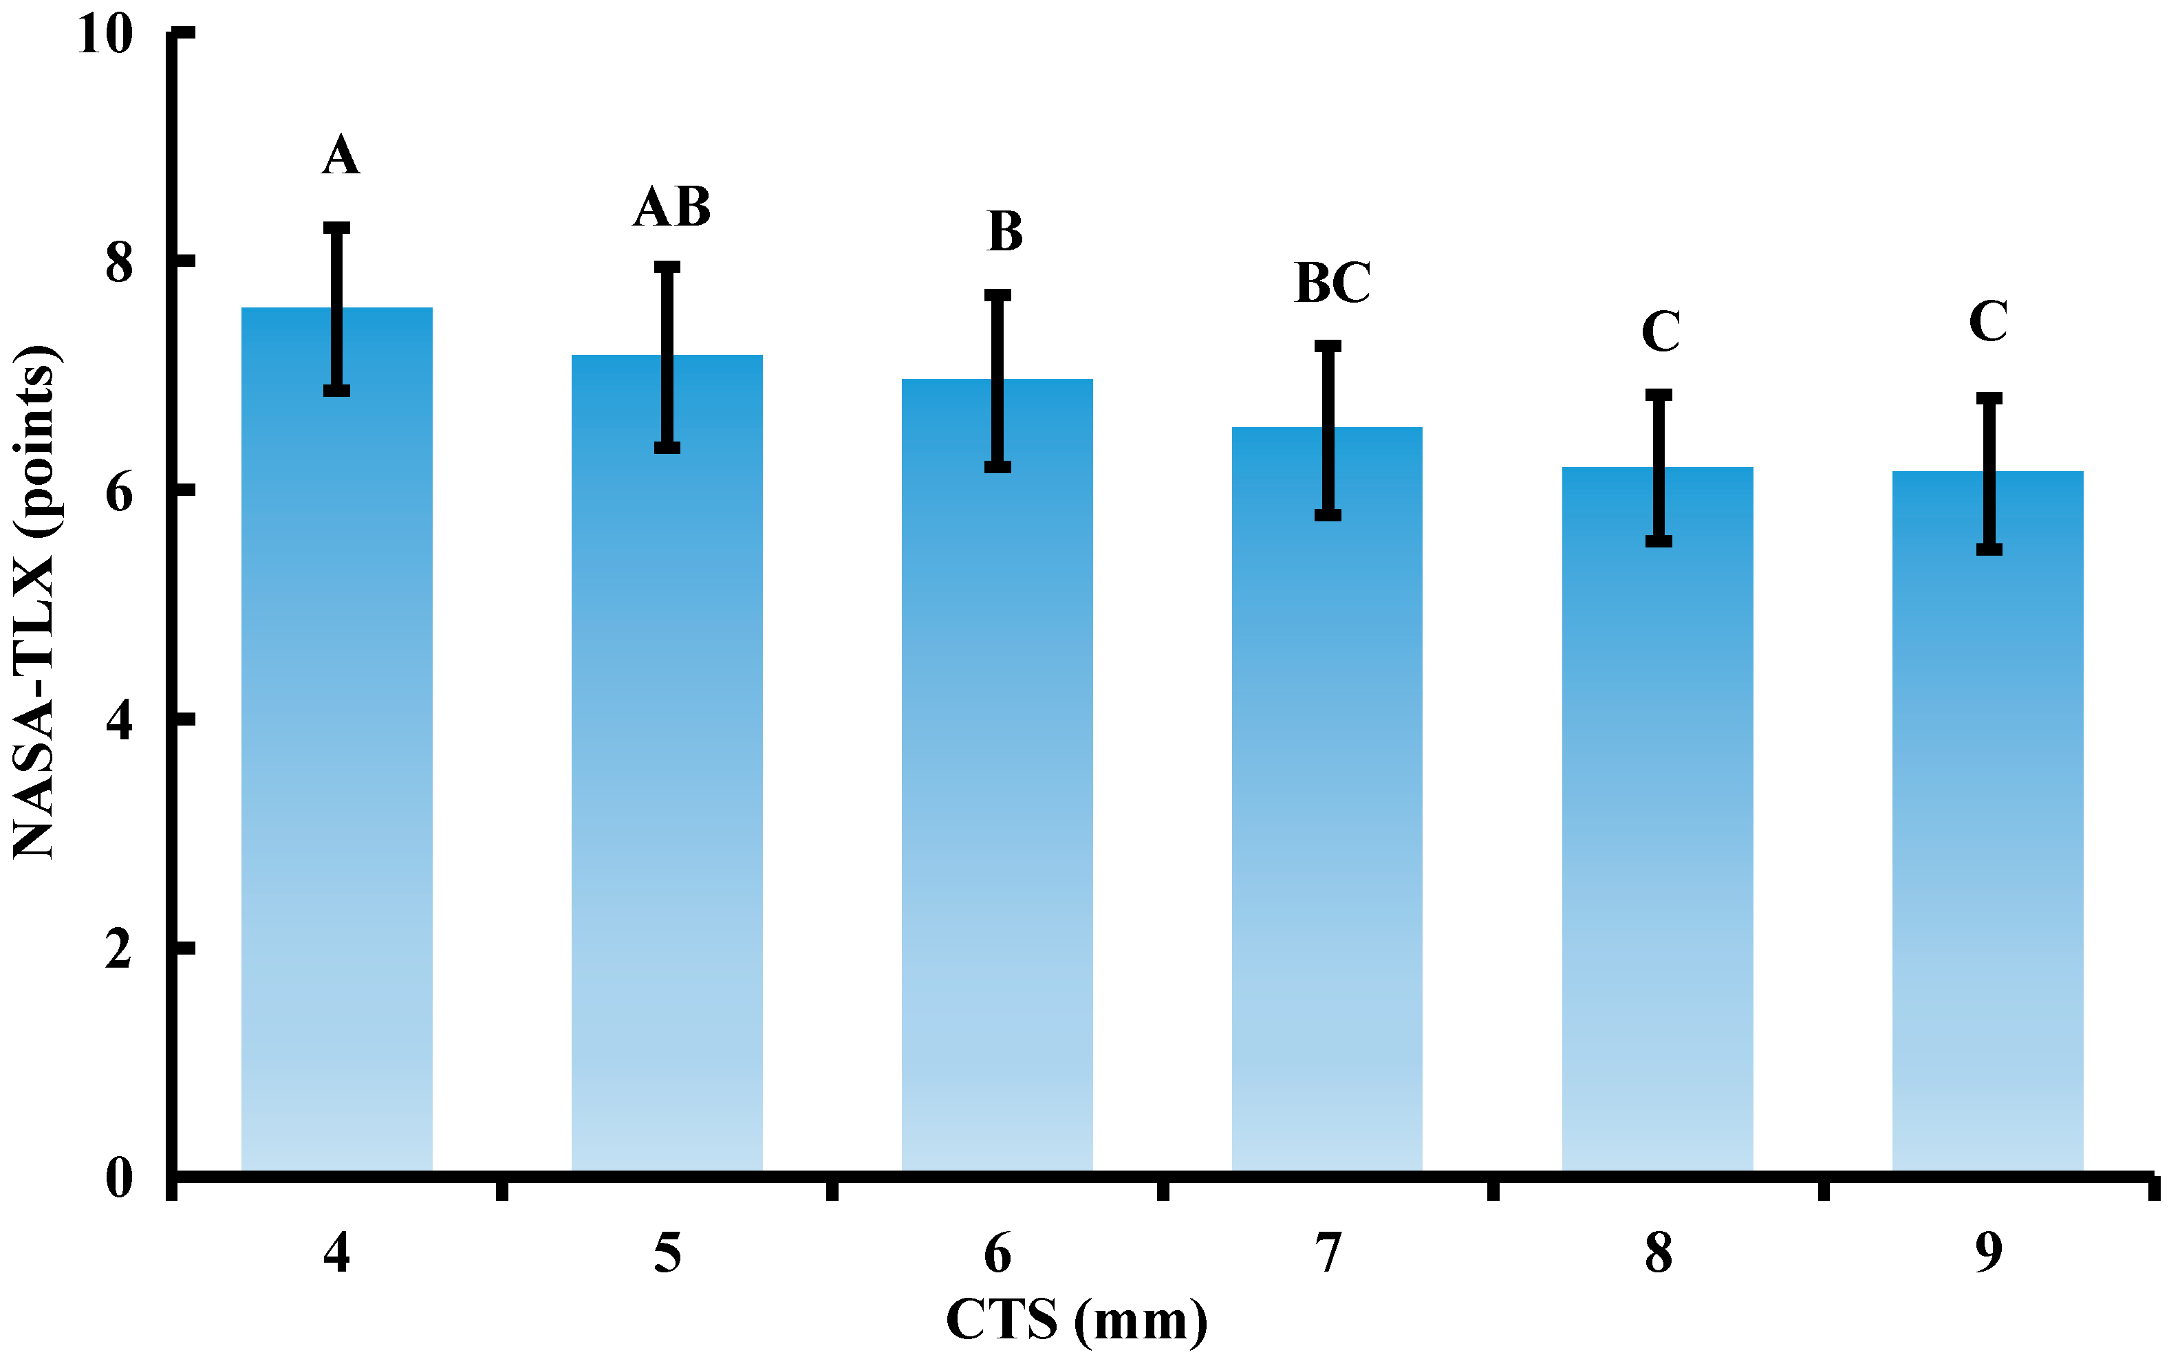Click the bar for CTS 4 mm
point(337,737)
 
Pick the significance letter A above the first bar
point(341,155)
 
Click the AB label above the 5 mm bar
point(671,208)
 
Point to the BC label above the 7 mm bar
point(1332,283)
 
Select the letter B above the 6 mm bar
point(1004,232)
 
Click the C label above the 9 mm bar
point(1987,321)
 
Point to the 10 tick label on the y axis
point(105,36)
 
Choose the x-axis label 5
point(667,1253)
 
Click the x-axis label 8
point(1659,1253)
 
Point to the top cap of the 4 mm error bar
point(337,228)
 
